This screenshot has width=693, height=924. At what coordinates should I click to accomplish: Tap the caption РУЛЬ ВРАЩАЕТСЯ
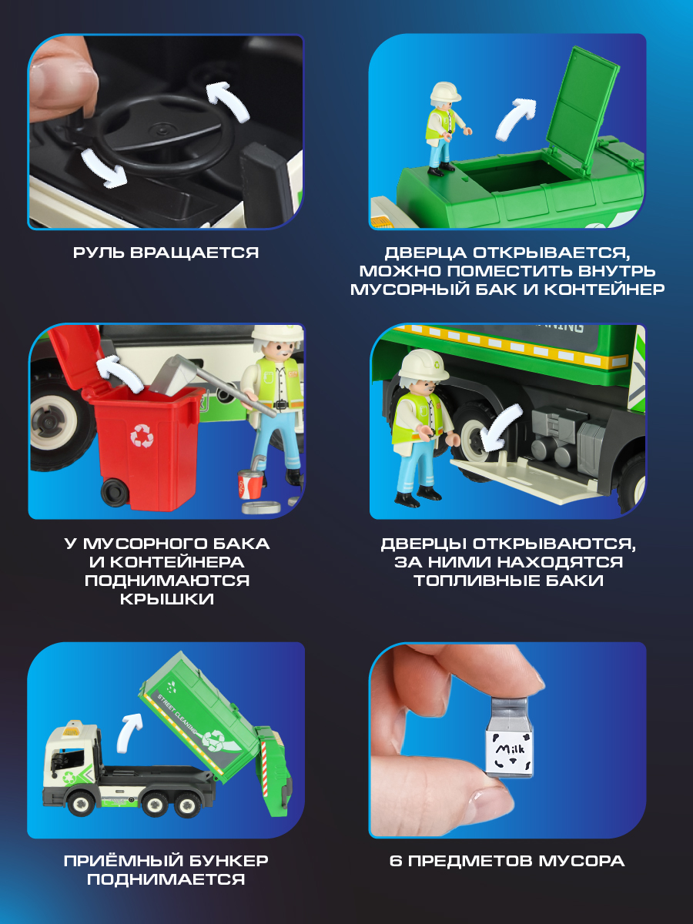(166, 253)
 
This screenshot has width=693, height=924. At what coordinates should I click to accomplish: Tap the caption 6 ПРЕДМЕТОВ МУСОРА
(507, 861)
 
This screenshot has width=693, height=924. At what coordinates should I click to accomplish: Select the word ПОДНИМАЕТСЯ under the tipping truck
(166, 879)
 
